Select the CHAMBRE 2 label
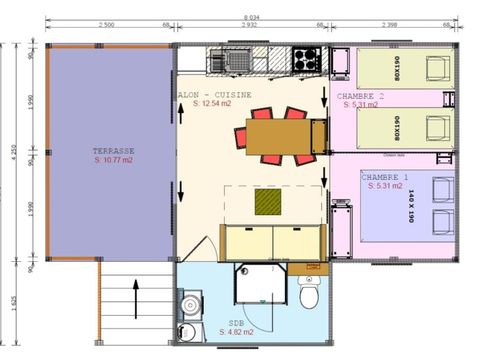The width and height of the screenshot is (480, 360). tap(359, 94)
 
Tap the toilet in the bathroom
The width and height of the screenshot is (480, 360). tap(310, 296)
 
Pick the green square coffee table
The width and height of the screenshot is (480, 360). tap(268, 203)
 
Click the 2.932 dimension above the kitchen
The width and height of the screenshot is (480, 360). tap(249, 24)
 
